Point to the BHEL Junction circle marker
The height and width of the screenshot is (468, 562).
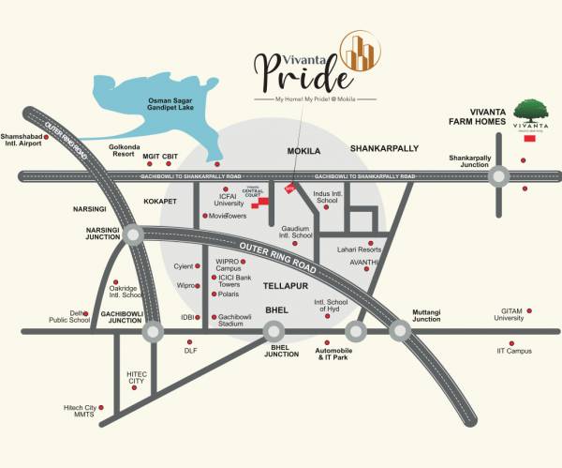tap(274, 331)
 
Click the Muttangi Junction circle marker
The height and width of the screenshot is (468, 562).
tap(400, 331)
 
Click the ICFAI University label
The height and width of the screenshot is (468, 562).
tap(229, 199)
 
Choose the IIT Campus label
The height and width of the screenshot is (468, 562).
tap(513, 352)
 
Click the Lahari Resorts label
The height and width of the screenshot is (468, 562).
tap(358, 249)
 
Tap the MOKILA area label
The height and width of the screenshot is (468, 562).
tap(303, 150)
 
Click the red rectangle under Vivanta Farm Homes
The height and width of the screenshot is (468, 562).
tap(529, 139)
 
